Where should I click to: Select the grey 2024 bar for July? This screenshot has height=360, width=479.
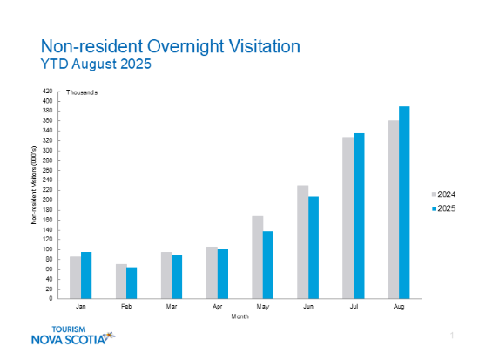(x=348, y=218)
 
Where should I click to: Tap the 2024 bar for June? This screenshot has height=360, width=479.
(x=303, y=241)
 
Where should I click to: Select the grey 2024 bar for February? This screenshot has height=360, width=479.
(x=121, y=281)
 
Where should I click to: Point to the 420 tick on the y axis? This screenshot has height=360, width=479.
(x=48, y=91)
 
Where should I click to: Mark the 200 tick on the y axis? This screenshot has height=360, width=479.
(x=48, y=200)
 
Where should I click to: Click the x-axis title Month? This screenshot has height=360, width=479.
(x=239, y=316)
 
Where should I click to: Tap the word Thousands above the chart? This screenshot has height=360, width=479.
(x=82, y=92)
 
